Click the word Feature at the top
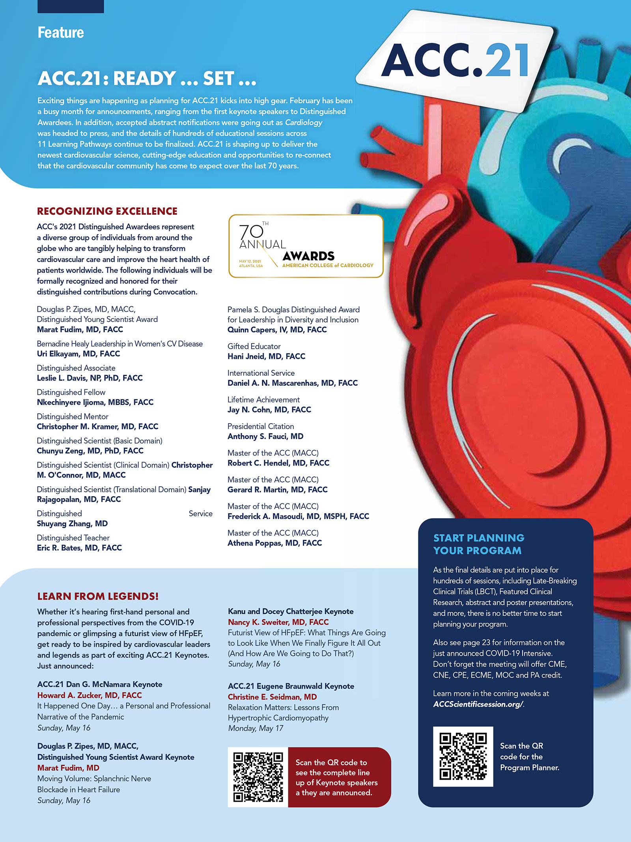click(x=60, y=33)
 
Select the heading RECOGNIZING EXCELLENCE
click(x=107, y=211)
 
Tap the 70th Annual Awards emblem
click(x=306, y=246)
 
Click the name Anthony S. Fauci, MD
click(x=265, y=436)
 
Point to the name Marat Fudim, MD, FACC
click(x=80, y=329)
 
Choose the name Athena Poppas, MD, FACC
click(x=274, y=543)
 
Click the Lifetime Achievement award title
click(x=263, y=399)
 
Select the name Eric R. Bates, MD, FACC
click(x=79, y=548)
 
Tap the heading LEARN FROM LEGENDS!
click(x=98, y=596)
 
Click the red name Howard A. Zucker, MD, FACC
click(x=90, y=695)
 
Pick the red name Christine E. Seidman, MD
click(x=272, y=697)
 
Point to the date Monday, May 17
click(x=256, y=728)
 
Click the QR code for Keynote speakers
click(x=258, y=777)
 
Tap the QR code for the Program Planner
click(x=463, y=756)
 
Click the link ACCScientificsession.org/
click(x=478, y=704)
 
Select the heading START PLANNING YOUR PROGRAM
click(x=478, y=544)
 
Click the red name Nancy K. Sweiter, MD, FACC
click(x=278, y=622)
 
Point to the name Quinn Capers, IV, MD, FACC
click(x=277, y=330)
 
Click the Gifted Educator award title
click(x=254, y=346)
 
